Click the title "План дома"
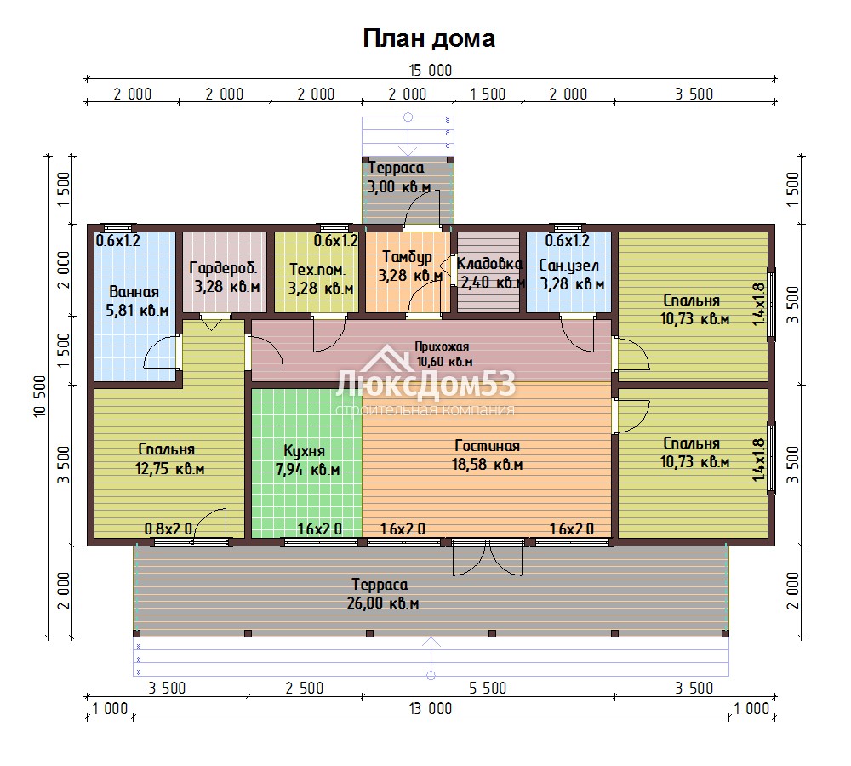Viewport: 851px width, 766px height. (x=429, y=38)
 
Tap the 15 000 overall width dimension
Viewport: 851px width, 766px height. (x=431, y=70)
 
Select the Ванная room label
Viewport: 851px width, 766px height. (x=134, y=292)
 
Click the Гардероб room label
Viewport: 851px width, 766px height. (x=223, y=267)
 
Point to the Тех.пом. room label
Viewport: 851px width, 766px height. (x=317, y=269)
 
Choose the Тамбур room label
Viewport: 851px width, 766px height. (x=407, y=257)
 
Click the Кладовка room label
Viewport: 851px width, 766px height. (x=489, y=264)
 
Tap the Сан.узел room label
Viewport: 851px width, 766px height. (x=568, y=266)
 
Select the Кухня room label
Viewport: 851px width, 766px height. (x=305, y=451)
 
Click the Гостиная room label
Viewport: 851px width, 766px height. (x=488, y=446)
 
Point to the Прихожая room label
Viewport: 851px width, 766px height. (x=442, y=346)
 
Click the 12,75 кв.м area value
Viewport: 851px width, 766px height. (x=170, y=468)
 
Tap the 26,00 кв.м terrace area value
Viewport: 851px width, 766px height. (x=383, y=603)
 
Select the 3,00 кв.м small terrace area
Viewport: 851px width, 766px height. (x=399, y=186)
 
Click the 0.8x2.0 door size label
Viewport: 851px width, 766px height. (x=168, y=529)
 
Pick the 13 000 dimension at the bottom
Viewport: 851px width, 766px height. (x=431, y=708)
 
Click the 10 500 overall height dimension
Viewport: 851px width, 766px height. (x=40, y=397)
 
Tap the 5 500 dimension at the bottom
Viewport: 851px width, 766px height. (x=488, y=688)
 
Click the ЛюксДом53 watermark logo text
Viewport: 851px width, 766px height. (x=425, y=385)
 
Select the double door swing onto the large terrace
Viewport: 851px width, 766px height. (x=488, y=558)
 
